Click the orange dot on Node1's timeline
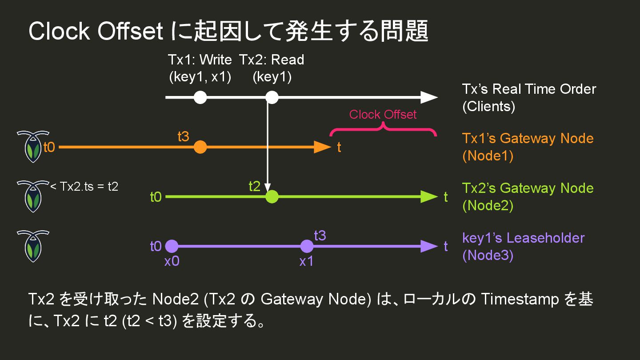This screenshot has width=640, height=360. coord(200,147)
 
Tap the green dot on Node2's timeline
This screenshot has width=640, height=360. coord(272,196)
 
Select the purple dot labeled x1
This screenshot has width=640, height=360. coord(307,246)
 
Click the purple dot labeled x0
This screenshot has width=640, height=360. coord(172,246)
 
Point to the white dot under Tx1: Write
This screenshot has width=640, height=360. coord(200,97)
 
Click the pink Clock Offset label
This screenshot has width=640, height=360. coord(383,115)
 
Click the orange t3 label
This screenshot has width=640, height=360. coord(183,137)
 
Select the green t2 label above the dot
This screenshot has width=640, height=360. coord(254,187)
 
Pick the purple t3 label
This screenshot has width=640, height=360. coord(320,236)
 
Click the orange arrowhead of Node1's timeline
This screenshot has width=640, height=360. coord(322,147)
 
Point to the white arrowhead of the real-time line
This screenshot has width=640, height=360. coord(429,97)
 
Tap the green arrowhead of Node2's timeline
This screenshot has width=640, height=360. coord(429,196)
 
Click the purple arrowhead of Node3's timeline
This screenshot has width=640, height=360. coord(429,246)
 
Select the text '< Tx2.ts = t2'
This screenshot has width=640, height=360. coord(84,187)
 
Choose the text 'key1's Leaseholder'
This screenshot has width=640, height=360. coord(523,238)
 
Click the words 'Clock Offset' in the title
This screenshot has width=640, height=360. coord(96,32)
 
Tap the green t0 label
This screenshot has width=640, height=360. coord(156,196)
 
